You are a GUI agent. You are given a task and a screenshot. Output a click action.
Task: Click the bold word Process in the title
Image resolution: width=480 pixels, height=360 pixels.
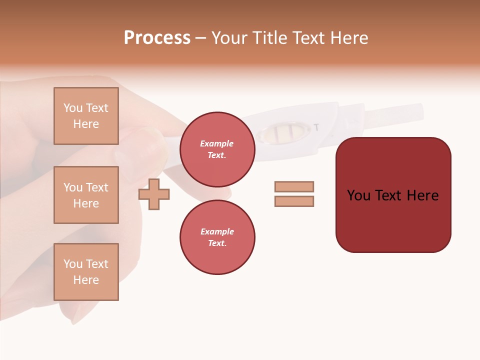157,38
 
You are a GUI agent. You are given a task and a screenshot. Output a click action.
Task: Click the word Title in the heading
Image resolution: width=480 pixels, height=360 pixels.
270,38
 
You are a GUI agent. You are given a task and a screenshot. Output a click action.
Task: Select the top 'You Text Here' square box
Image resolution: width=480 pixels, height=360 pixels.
86,116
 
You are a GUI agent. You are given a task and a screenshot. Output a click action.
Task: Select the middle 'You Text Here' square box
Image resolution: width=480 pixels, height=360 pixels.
86,195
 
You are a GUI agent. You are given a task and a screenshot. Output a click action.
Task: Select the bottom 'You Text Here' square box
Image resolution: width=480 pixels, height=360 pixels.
86,272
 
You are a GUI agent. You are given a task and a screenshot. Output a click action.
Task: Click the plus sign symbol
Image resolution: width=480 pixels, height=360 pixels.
154,194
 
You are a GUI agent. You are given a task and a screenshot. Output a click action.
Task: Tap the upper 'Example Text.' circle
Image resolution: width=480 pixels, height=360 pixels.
217,149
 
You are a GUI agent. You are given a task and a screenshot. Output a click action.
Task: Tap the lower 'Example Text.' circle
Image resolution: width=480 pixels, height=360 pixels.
217,237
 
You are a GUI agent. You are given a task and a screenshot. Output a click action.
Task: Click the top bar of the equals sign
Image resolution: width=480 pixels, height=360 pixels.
294,186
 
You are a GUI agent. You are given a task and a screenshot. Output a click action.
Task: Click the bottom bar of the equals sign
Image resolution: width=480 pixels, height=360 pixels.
294,201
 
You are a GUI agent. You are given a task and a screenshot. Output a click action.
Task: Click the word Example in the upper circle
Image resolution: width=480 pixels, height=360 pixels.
217,143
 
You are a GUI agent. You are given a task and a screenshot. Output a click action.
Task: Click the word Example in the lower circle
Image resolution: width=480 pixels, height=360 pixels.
217,231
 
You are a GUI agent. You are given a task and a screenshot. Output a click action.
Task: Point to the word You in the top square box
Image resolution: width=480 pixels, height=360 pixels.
73,108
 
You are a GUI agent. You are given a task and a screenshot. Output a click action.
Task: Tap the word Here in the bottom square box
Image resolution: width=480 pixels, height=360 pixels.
86,280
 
